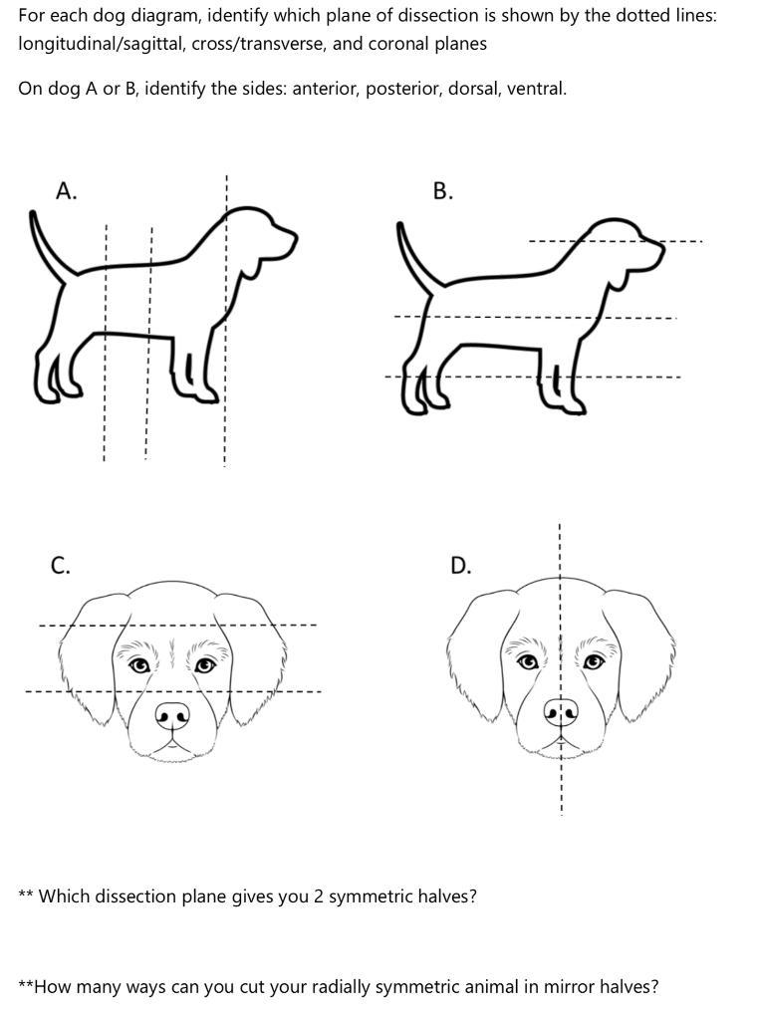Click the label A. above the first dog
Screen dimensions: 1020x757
click(x=67, y=191)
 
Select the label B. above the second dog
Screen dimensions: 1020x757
click(x=443, y=191)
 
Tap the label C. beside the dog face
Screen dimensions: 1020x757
click(x=61, y=566)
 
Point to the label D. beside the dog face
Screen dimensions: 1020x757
click(x=460, y=566)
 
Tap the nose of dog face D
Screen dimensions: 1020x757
click(x=561, y=711)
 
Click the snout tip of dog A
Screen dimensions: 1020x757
click(x=295, y=239)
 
